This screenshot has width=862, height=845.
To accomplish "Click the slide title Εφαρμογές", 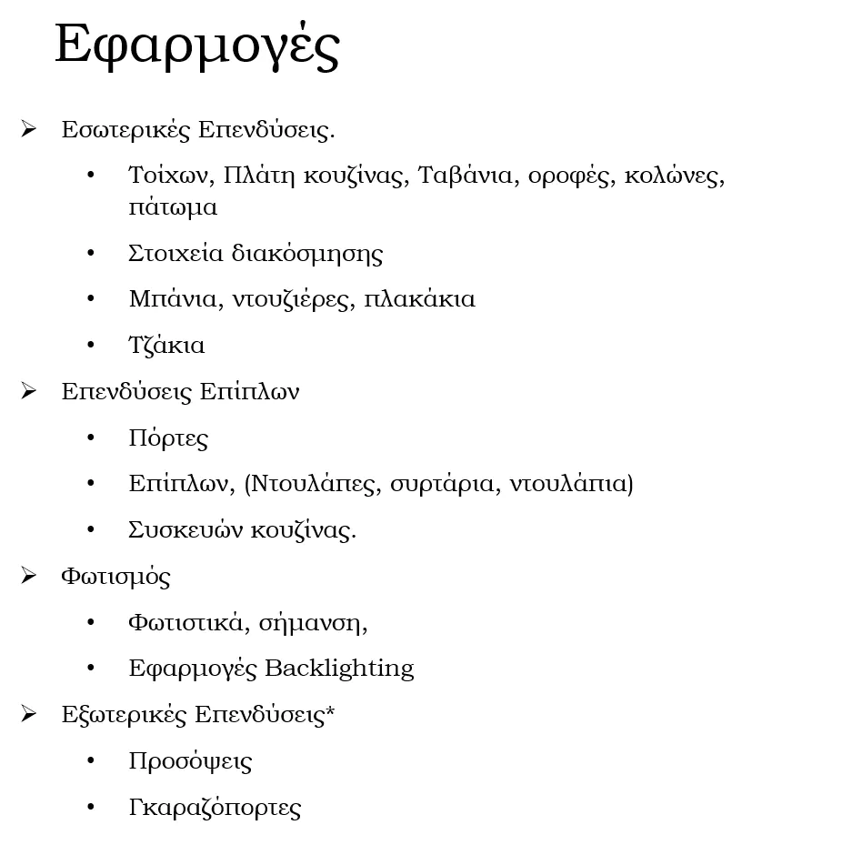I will point(197,45).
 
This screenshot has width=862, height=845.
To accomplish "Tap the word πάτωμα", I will point(173,208).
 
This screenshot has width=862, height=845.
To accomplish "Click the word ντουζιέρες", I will point(291,300).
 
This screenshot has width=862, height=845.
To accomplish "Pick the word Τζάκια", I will point(166,347).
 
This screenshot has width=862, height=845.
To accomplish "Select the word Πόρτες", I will point(168,439).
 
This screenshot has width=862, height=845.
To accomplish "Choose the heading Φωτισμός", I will point(115,577).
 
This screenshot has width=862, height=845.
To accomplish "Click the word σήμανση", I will point(312,623).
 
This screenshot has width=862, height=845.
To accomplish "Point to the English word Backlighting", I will point(339,669).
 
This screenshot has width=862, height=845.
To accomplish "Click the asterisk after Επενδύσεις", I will point(330,712).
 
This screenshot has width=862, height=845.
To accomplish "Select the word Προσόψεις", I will point(190,761).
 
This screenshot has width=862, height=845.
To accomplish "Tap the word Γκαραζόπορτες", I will point(215,808).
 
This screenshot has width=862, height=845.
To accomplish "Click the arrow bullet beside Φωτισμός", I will point(28,576).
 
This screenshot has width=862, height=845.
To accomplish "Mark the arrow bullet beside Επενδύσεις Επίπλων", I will point(28,391).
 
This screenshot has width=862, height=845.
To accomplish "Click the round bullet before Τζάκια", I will point(91,346).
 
